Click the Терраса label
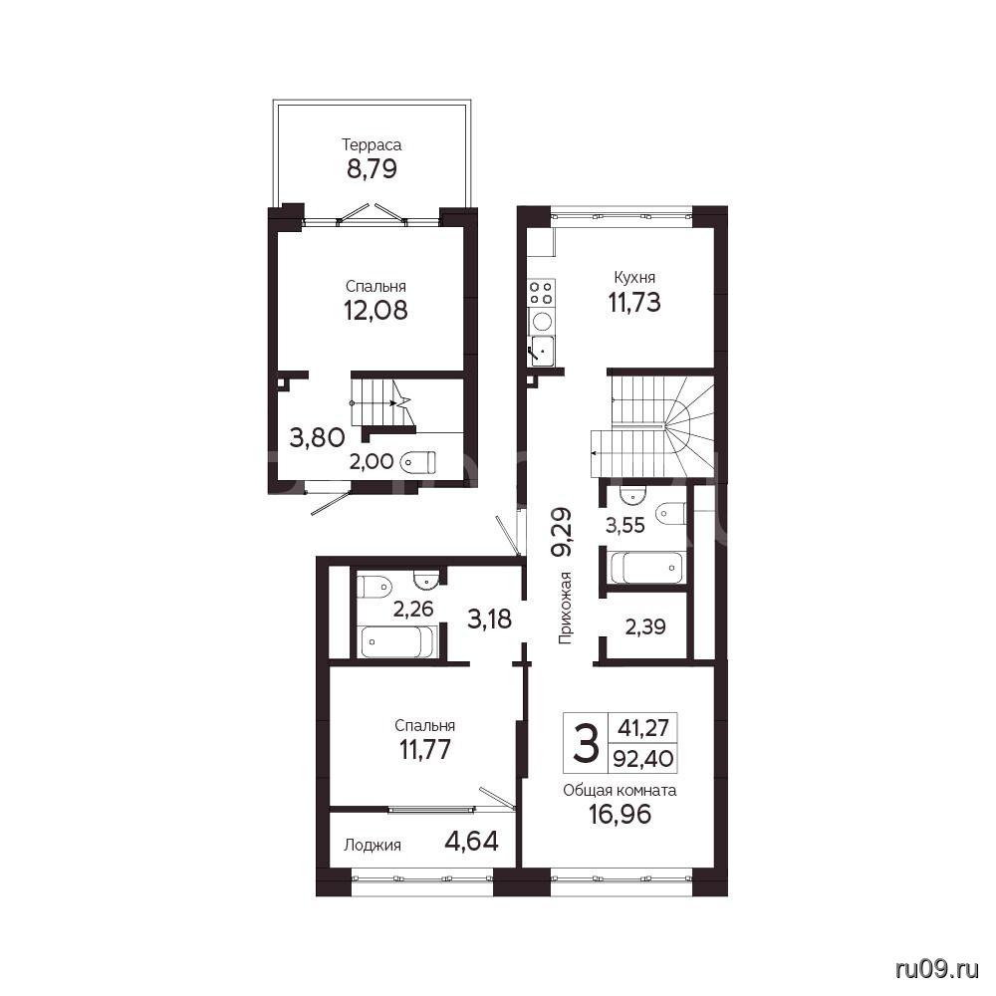(x=372, y=144)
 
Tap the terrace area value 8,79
(x=372, y=169)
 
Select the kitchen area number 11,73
(x=634, y=303)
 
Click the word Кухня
(x=634, y=278)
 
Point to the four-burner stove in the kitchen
(x=541, y=293)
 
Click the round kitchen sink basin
(x=542, y=322)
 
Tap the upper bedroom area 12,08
(x=375, y=311)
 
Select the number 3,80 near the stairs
(x=317, y=437)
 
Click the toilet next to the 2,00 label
(x=418, y=461)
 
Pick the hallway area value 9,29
(x=562, y=532)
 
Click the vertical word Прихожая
(x=565, y=608)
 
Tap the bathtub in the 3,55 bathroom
(x=645, y=568)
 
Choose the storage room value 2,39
(x=645, y=627)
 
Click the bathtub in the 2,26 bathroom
(x=397, y=641)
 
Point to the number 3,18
(x=489, y=619)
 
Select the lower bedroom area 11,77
(x=425, y=750)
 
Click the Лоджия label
(x=373, y=846)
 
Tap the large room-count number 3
(x=585, y=744)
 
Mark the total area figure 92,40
(x=643, y=758)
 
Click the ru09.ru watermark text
(x=937, y=969)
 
